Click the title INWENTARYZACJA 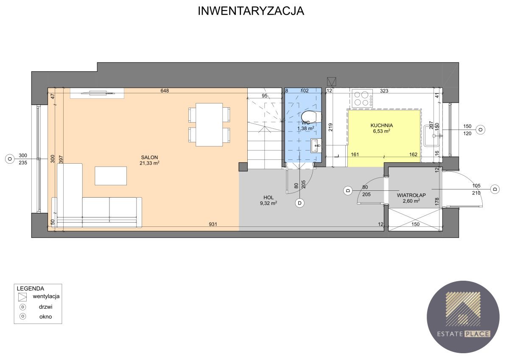click(x=251, y=11)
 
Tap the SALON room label click(x=149, y=157)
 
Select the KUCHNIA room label click(x=382, y=126)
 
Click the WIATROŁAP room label click(x=411, y=195)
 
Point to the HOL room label click(x=268, y=198)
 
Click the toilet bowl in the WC click(x=311, y=117)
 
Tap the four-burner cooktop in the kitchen click(x=362, y=98)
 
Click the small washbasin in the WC click(x=316, y=146)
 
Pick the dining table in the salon click(x=209, y=125)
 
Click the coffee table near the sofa click(x=111, y=176)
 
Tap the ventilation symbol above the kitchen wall click(x=332, y=81)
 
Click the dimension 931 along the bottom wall click(x=213, y=224)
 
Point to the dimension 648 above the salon click(x=165, y=91)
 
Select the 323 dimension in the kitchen click(x=384, y=91)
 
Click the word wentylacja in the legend click(x=46, y=296)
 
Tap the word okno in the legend click(x=45, y=317)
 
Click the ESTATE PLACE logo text click(x=463, y=334)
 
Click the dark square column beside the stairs click(x=243, y=167)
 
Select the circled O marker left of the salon click(x=10, y=159)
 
